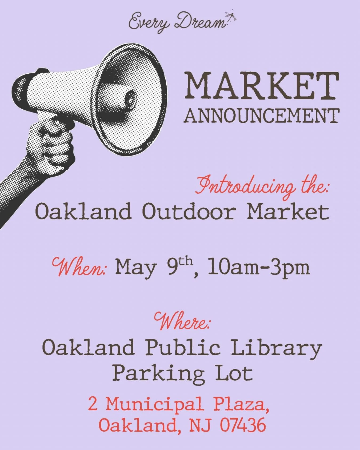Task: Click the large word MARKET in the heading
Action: tap(262, 86)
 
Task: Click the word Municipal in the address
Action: tap(155, 405)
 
